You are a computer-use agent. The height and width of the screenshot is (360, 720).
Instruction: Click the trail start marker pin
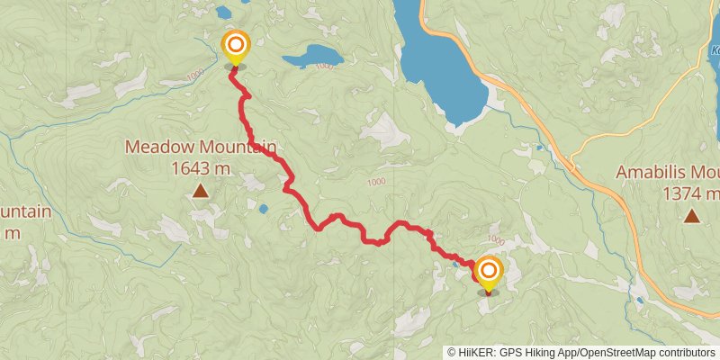[x=235, y=48]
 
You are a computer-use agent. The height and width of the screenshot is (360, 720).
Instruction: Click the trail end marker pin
[x=488, y=274]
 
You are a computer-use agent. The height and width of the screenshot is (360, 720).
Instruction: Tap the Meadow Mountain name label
[x=200, y=147]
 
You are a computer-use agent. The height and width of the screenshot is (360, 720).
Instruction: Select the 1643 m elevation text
[x=200, y=167]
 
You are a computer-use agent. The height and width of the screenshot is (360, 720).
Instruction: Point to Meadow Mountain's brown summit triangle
[x=199, y=191]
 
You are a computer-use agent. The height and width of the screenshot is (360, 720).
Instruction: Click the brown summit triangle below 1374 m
[x=691, y=215]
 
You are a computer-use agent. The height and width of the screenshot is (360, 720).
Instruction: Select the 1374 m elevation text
[x=691, y=193]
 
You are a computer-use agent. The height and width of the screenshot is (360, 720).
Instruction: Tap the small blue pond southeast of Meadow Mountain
[x=263, y=209]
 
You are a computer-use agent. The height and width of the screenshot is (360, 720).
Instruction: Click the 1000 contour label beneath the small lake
[x=324, y=66]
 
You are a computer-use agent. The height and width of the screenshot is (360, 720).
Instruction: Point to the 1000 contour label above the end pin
[x=495, y=240]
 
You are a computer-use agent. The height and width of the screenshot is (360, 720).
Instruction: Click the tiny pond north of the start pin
[x=222, y=13]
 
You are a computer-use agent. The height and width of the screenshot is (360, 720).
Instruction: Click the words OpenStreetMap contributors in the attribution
[x=645, y=353]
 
